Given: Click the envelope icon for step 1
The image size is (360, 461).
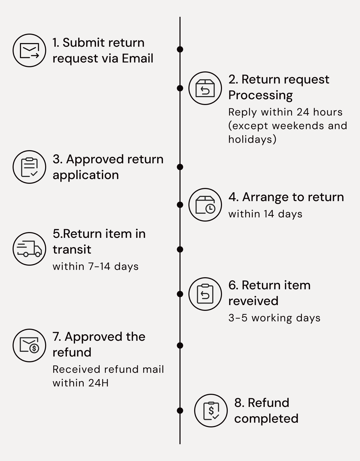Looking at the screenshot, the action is point(29,50).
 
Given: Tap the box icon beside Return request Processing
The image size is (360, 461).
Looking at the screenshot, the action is point(205,88).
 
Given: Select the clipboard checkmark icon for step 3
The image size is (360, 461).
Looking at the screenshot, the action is point(29,167).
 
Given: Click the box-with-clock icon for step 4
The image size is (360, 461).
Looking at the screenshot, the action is point(205,205).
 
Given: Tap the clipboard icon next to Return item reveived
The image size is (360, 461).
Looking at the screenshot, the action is point(205,294).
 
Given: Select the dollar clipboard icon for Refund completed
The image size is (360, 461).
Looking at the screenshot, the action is point(211,411).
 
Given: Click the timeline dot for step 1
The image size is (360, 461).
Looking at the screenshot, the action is point(180,49).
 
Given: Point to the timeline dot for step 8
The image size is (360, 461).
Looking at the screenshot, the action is point(180,411).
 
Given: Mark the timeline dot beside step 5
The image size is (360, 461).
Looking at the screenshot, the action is point(180,249).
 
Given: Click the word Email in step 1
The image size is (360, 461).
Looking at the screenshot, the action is point(137,58).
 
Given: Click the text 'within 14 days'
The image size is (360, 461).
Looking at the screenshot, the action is point(265,214).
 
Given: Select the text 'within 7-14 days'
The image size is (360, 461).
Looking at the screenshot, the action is point(96,266).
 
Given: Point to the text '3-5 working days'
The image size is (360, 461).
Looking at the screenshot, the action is point(274,318).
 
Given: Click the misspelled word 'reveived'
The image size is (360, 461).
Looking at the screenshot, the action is point(253,301).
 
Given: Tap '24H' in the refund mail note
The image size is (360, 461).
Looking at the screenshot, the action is point(98,383).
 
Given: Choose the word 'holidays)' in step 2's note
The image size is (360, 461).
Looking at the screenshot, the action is point(252,139).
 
